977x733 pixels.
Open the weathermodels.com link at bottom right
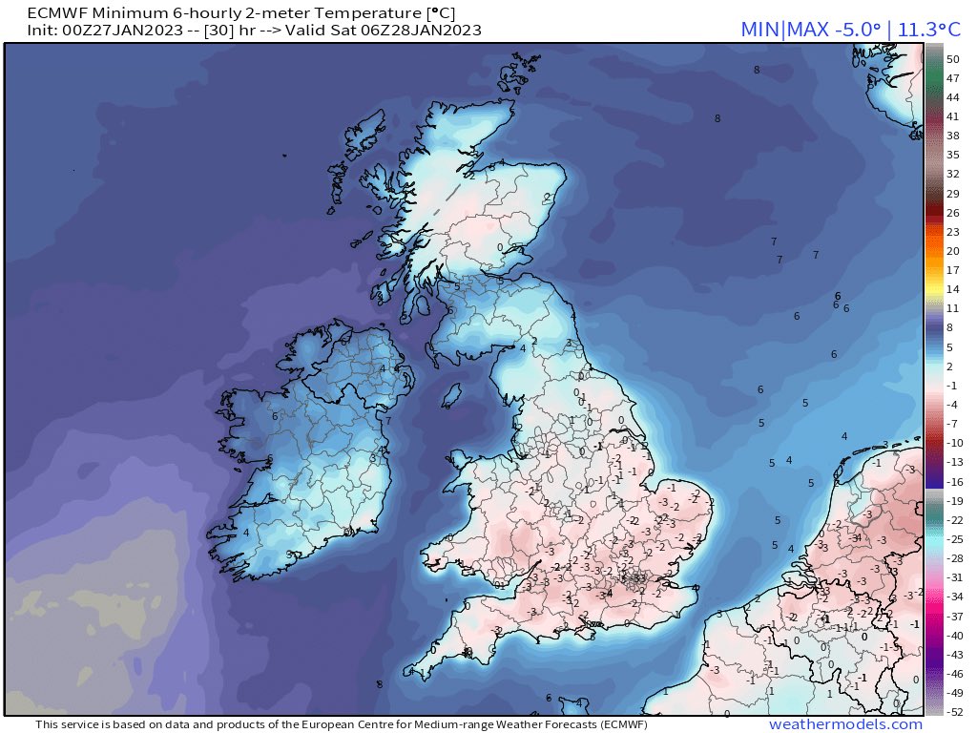click(845, 724)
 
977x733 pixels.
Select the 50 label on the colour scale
click(952, 58)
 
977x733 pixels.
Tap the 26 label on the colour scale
click(952, 213)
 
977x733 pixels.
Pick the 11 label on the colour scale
click(952, 308)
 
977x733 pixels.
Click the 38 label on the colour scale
click(952, 136)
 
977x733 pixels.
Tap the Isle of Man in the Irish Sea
click(453, 393)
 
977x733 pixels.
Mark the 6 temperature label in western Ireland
click(275, 416)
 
